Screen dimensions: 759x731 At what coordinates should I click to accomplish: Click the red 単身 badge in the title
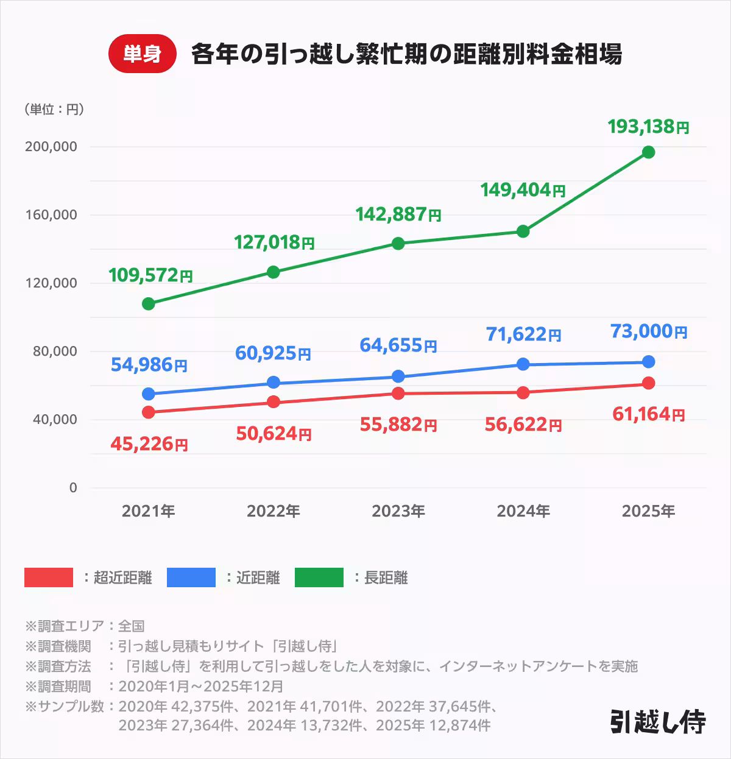coord(142,55)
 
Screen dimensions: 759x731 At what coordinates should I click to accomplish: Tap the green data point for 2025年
coord(649,152)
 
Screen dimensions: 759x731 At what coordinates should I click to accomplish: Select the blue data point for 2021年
coord(148,394)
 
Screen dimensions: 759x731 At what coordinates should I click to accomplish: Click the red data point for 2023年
coord(398,394)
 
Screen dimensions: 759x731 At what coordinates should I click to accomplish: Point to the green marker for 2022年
coord(274,272)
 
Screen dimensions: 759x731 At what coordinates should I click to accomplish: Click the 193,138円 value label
coord(648,127)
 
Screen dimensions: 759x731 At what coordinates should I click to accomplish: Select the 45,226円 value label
coord(149,444)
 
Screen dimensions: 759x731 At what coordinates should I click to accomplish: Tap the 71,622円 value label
coord(523,334)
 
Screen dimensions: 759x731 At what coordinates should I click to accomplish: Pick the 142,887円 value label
coord(398,214)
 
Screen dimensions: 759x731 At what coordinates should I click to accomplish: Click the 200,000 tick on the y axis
coord(51,147)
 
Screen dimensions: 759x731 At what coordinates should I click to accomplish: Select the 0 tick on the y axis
coord(73,488)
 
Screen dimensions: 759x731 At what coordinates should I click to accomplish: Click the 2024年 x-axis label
coord(523,511)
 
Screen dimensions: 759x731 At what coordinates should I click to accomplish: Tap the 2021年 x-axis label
coord(148,511)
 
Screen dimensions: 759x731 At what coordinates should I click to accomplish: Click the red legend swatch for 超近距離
coord(49,577)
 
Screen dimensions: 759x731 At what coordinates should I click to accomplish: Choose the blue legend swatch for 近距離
coord(191,577)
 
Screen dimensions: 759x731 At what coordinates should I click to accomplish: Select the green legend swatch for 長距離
coord(319,577)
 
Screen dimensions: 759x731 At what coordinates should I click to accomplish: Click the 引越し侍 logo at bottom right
coord(658,722)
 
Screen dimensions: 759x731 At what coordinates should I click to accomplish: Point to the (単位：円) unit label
coord(54,110)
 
